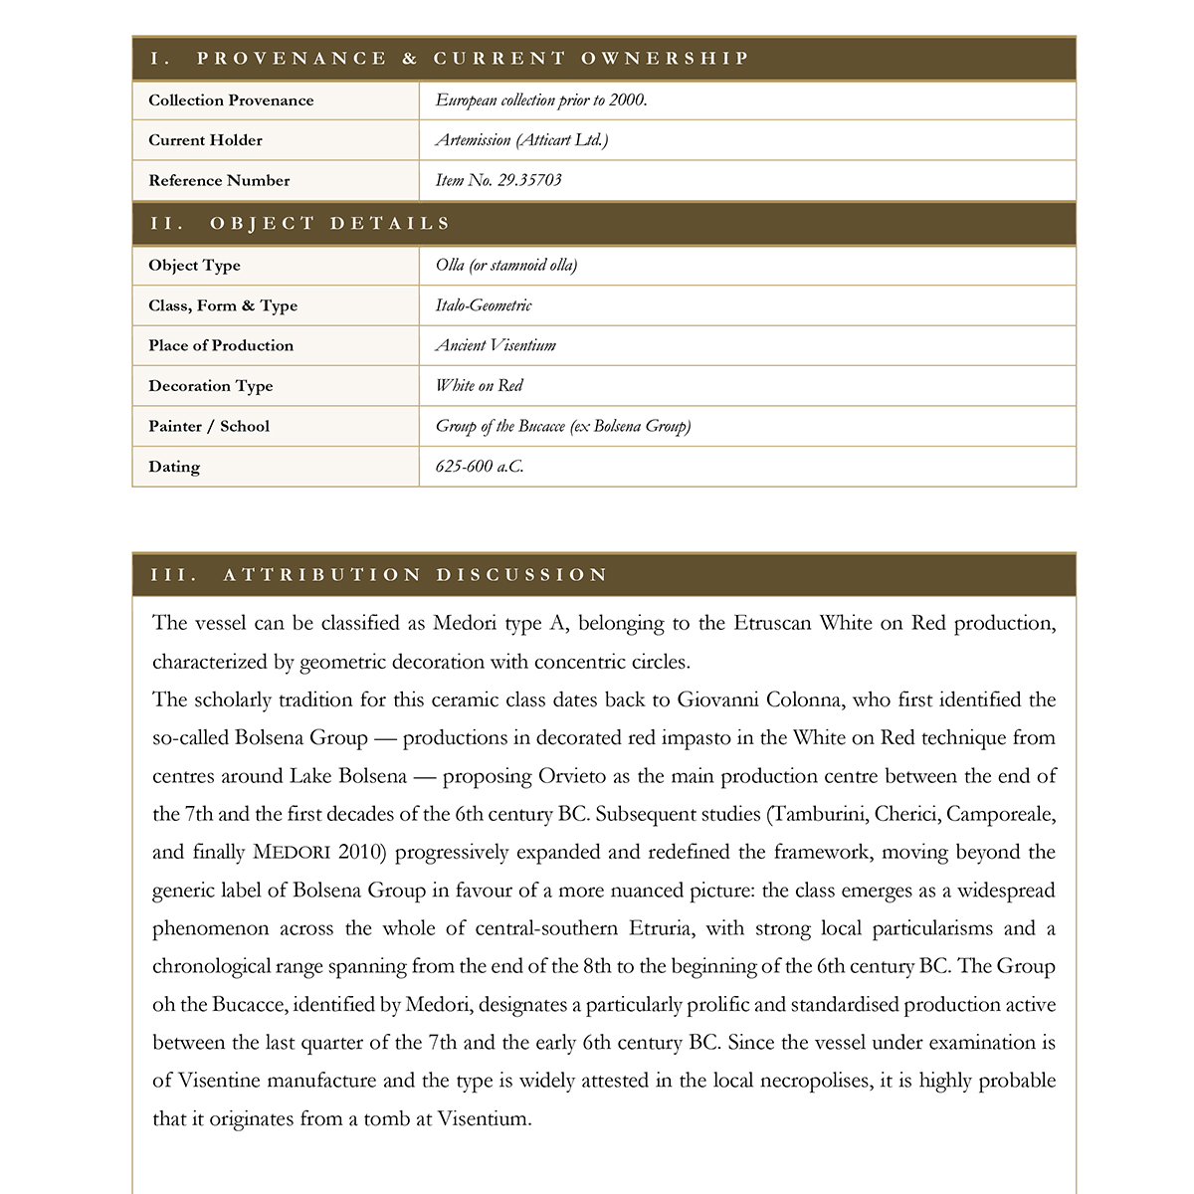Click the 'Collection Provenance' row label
[x=231, y=100]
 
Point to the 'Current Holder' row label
[x=205, y=140]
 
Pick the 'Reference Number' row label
[x=219, y=180]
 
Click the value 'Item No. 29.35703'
[x=498, y=180]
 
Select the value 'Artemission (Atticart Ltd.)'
[x=521, y=140]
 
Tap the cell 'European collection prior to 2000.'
[x=541, y=100]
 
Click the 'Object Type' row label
[x=194, y=266]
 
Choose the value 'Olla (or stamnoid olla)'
[x=505, y=266]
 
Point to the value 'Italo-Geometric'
[x=484, y=305]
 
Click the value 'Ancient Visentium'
[x=496, y=345]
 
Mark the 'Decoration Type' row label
[x=210, y=386]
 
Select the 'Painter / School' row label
[x=209, y=426]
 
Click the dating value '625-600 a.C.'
[x=479, y=467]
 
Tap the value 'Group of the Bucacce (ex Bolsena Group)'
[x=563, y=426]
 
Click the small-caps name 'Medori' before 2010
[x=292, y=853]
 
